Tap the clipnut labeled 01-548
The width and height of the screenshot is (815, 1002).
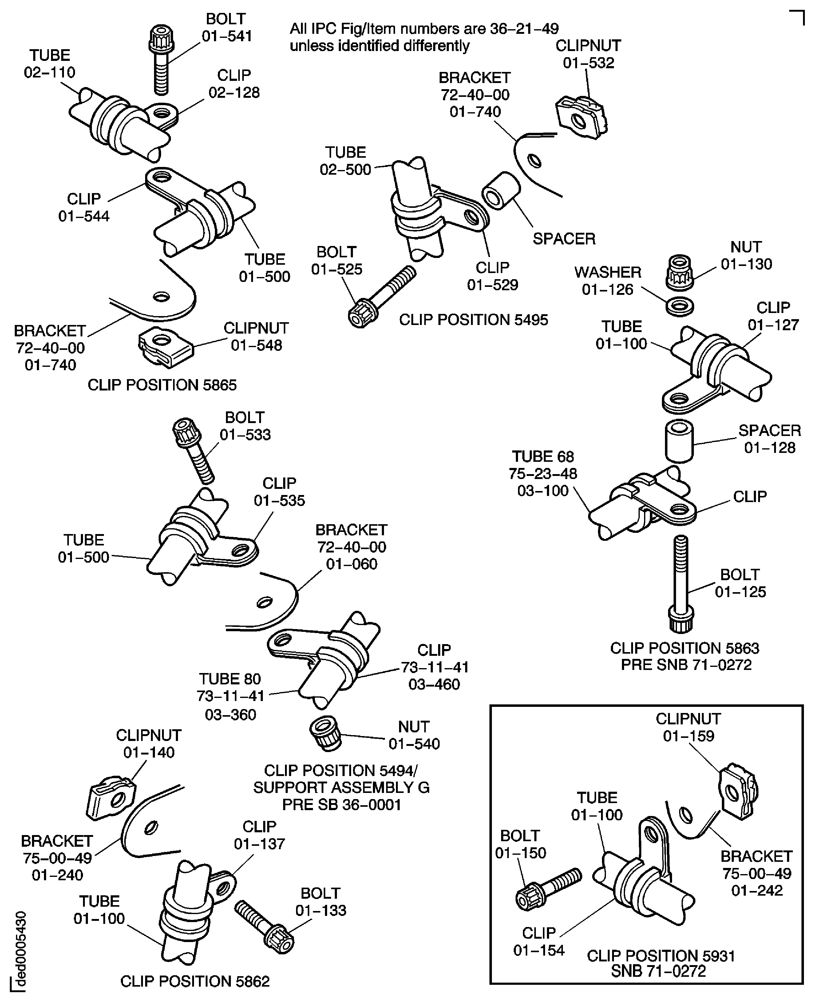pos(165,347)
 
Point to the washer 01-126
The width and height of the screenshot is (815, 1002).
pos(680,307)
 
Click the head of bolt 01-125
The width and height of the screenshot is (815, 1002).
pos(681,620)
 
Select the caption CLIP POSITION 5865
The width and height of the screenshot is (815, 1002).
pos(162,385)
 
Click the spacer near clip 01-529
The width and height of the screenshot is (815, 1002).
pos(501,191)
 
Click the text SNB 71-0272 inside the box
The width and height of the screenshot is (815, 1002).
pos(658,971)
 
